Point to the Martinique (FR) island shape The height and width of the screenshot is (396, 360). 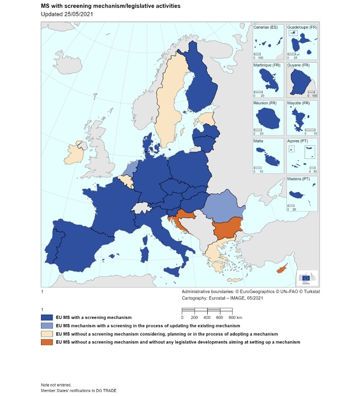268,80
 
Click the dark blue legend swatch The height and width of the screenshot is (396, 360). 51,318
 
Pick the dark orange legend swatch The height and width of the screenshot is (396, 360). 51,342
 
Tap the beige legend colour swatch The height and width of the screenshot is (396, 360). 51,334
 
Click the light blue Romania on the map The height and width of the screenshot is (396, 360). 221,206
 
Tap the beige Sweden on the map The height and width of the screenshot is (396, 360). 169,111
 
